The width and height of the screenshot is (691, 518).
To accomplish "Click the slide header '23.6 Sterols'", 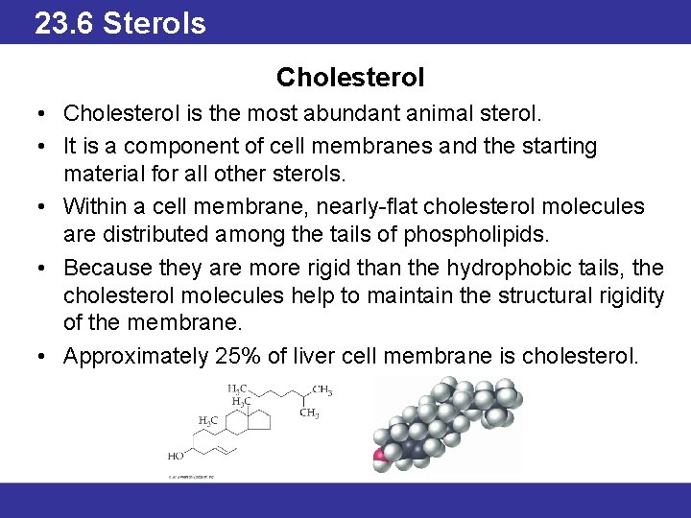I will pos(120,22).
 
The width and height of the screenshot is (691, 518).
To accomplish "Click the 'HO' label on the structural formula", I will pos(176,456).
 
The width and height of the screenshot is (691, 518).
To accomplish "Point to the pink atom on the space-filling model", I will pos(380,454).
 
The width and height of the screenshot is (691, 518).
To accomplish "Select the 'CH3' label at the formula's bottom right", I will pos(309,413).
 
